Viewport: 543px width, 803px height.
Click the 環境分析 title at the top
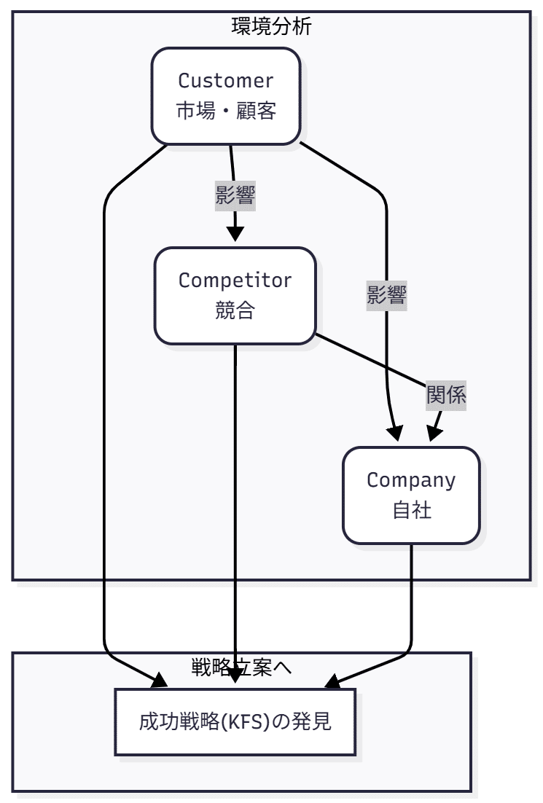coord(271,27)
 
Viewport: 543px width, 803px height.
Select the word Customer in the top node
coord(226,79)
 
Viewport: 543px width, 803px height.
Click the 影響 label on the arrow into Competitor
coord(235,195)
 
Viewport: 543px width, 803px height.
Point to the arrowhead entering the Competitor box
coord(235,234)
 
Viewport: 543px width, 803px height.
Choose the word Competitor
coord(235,280)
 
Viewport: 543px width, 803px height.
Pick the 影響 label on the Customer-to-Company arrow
coord(386,295)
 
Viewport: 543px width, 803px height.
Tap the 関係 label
coord(446,396)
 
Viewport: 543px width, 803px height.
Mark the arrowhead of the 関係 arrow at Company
coord(434,434)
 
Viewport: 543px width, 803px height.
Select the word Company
coord(411,480)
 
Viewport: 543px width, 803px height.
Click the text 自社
coord(411,511)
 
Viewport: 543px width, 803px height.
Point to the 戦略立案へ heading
coord(241,667)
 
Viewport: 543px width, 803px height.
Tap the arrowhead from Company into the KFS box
coord(332,683)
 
